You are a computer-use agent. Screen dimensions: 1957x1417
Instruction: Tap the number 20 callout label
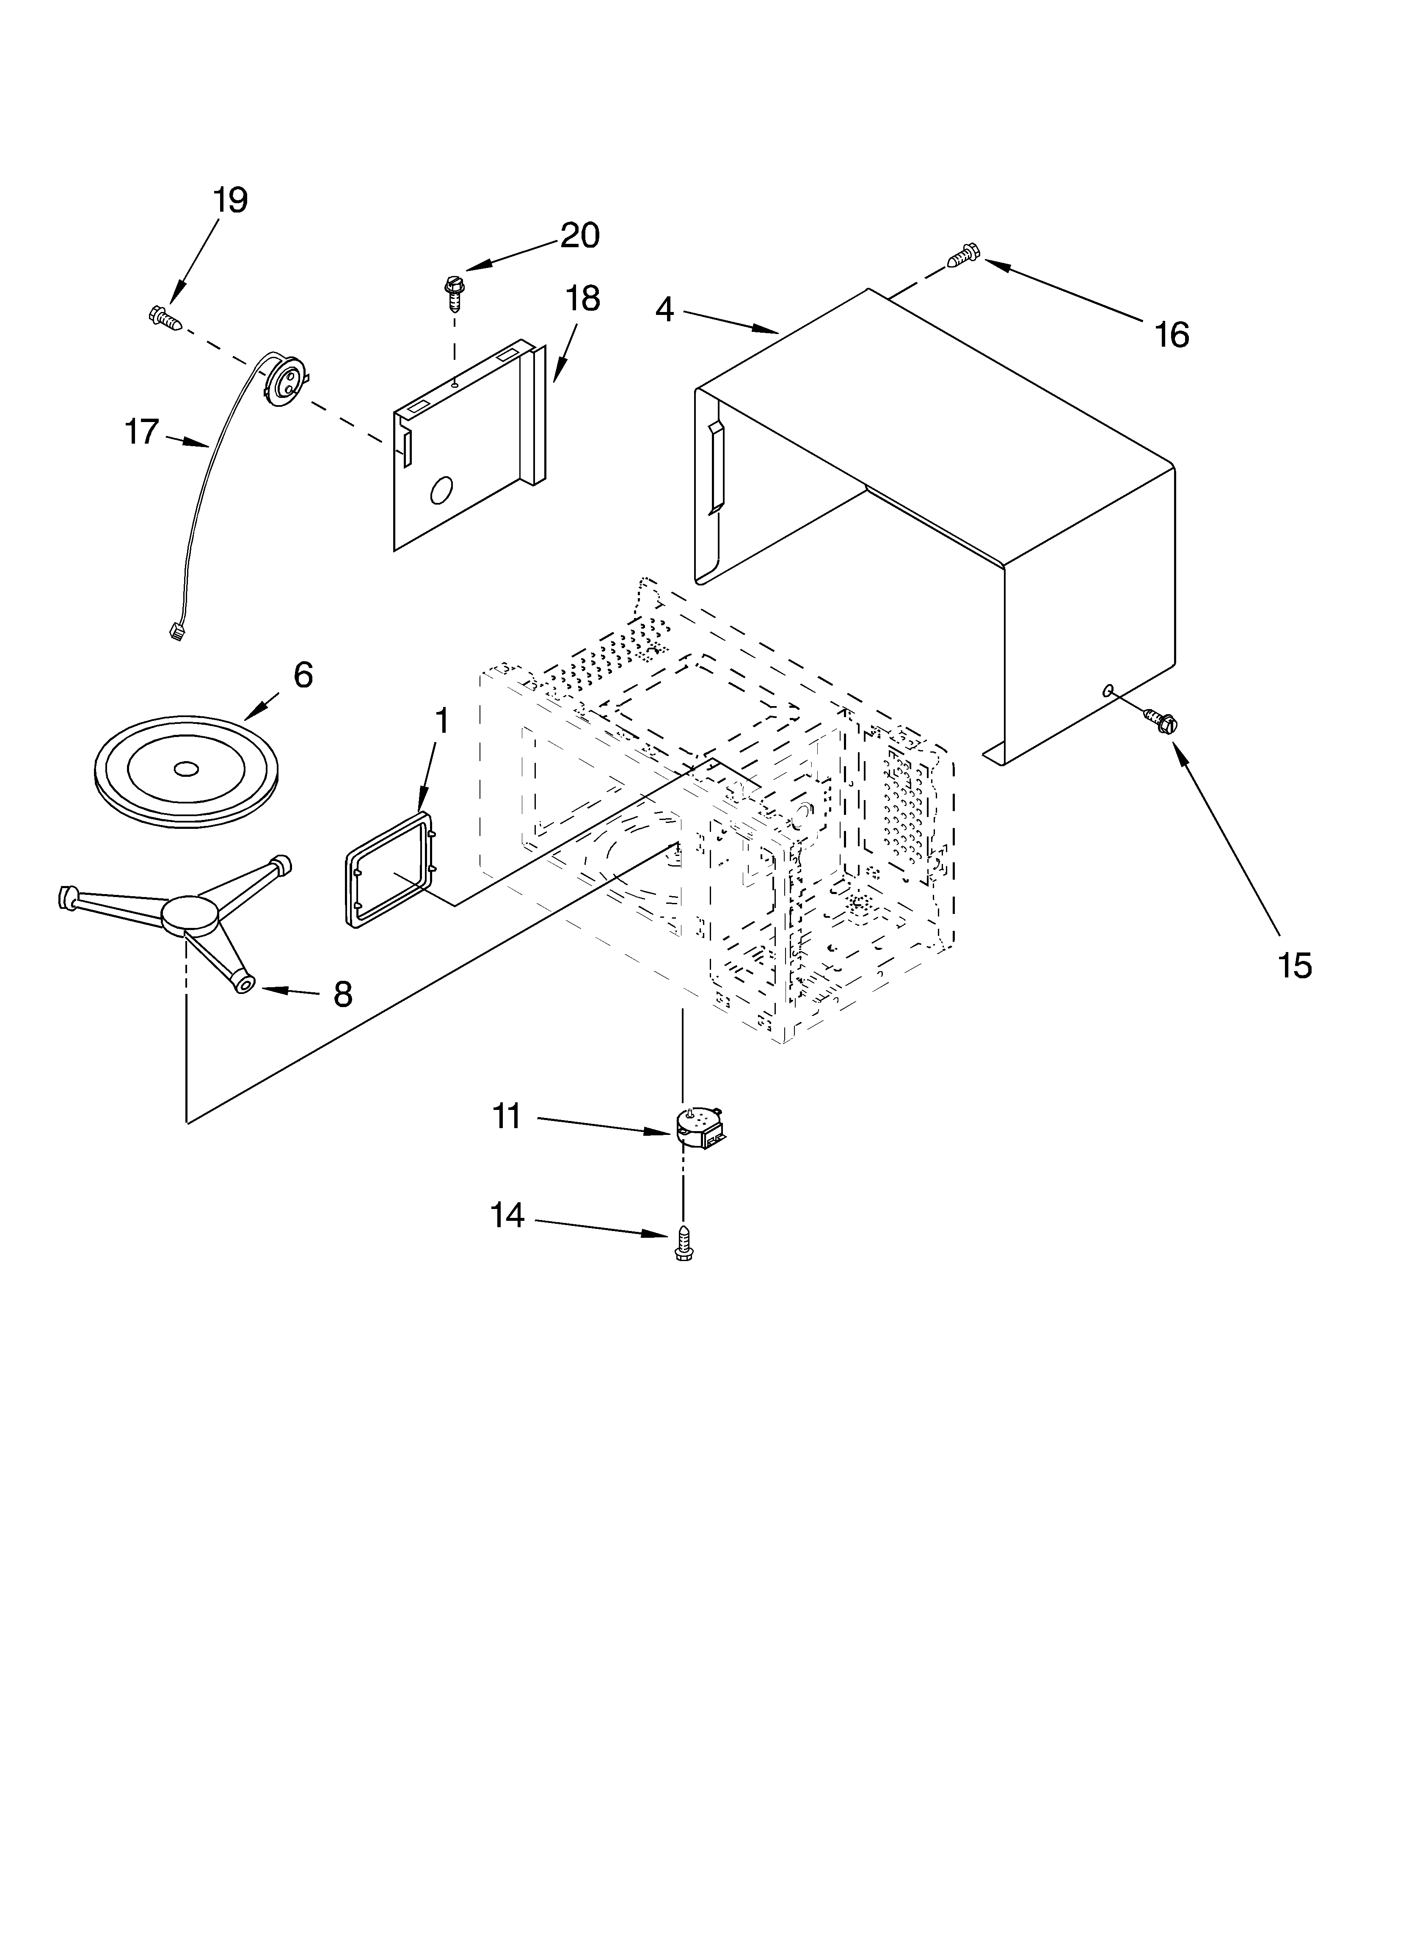pyautogui.click(x=580, y=235)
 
